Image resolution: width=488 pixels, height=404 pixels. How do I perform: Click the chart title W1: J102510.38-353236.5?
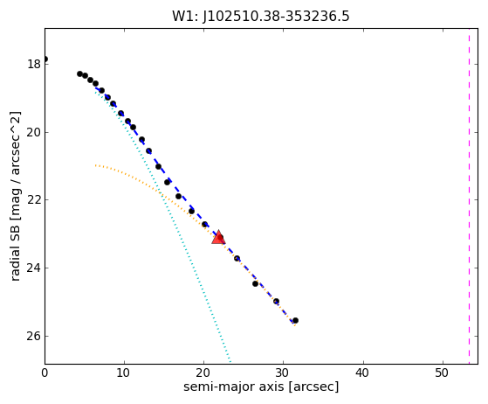tap(261, 17)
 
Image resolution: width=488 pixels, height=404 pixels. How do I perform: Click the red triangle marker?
tap(218, 237)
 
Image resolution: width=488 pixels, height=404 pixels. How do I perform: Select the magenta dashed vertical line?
tap(469, 196)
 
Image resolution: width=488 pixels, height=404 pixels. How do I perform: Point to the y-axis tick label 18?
tap(34, 64)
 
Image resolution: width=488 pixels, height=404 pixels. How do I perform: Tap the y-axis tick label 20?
tap(34, 133)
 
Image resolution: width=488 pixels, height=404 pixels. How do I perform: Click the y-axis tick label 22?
tap(34, 200)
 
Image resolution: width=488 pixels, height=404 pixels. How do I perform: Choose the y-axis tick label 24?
tap(34, 268)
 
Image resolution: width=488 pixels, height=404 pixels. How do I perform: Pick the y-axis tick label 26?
tap(34, 336)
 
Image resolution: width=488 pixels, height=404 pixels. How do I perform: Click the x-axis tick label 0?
tap(45, 373)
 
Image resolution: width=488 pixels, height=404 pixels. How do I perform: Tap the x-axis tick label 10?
tap(124, 373)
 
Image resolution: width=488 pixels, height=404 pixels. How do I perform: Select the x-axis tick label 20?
tap(203, 373)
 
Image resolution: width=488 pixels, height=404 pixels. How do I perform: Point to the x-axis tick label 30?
tap(283, 373)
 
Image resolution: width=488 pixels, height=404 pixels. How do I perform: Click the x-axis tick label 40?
tap(362, 373)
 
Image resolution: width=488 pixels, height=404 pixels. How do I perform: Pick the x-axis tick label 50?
tap(442, 373)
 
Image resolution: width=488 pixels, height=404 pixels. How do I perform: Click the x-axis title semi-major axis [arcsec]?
tap(261, 387)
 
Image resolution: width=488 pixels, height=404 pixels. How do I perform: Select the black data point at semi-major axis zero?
tap(45, 59)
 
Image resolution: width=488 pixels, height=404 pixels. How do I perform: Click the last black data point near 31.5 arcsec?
tap(295, 320)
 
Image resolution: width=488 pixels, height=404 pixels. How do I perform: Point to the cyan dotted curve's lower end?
tap(230, 362)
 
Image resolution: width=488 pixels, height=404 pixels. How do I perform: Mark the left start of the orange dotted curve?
tap(96, 165)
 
